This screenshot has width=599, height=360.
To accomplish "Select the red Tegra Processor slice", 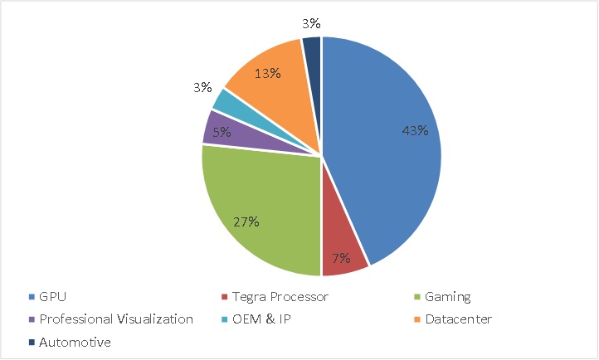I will tap(343, 249).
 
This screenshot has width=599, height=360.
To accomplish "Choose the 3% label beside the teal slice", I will tap(202, 87).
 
